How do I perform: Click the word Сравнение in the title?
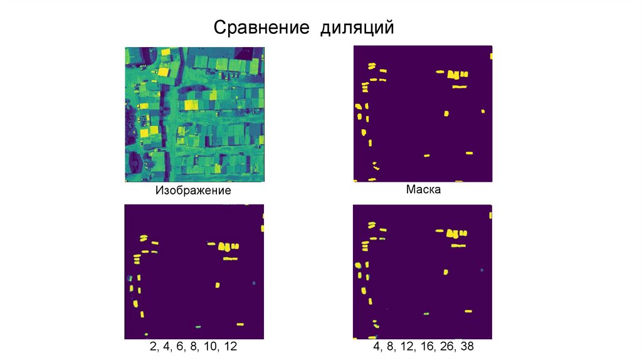pos(263,28)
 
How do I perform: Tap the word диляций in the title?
pos(358,28)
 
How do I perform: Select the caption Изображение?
pos(193,190)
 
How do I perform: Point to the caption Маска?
pos(423,189)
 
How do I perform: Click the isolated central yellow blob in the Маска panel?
pos(446,114)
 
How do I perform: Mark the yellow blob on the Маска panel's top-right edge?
pos(492,56)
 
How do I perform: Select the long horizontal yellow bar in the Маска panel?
pos(460,87)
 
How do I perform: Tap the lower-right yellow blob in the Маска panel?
pos(469,152)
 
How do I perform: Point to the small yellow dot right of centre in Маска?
pos(483,112)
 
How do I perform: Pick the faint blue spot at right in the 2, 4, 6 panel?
pos(255,283)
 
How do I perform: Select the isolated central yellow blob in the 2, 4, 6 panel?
pos(218,285)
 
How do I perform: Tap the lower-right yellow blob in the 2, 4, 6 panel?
pos(239,324)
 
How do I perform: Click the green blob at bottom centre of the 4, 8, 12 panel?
pos(426,312)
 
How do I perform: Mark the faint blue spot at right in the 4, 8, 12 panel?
pos(482,270)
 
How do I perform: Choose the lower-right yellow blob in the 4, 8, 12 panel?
pos(468,310)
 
